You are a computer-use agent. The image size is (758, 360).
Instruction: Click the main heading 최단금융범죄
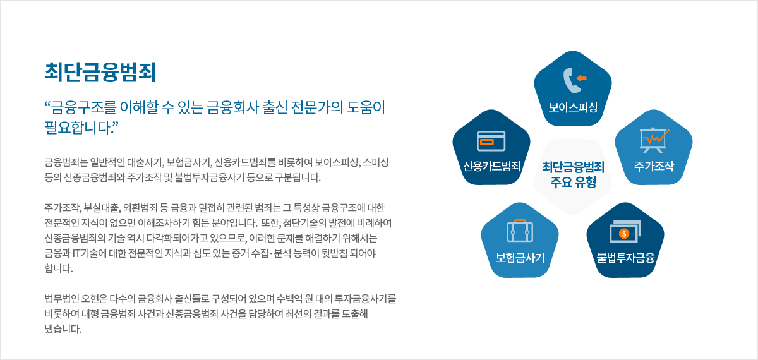100,72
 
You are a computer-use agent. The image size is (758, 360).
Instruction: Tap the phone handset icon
571,80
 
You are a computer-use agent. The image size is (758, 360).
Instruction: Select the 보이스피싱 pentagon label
573,107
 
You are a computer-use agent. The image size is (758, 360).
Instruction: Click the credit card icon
491,141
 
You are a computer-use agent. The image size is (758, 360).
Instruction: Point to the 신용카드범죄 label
491,166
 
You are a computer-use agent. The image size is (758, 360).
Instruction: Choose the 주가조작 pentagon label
654,166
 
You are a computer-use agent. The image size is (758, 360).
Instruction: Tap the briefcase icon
520,231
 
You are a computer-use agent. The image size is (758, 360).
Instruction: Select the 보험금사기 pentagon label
520,258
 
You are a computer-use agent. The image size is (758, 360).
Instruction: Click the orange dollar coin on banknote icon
624,234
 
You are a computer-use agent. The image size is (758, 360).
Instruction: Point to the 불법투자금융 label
625,258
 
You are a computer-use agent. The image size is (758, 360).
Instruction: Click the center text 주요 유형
573,183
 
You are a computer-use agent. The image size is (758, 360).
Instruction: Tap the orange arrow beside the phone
581,78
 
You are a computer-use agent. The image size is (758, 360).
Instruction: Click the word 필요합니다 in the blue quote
78,128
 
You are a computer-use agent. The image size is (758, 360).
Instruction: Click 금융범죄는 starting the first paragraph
66,162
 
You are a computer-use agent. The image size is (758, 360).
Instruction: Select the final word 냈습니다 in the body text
63,329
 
